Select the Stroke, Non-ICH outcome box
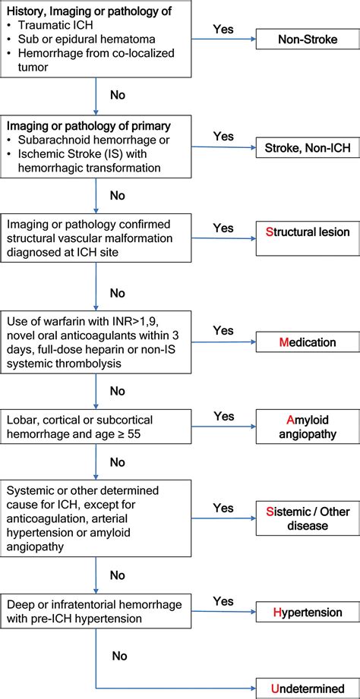(308, 146)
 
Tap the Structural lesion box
(308, 232)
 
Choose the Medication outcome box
(308, 342)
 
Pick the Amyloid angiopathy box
(308, 427)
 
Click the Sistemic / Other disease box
(308, 518)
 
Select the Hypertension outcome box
(308, 612)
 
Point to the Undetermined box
(308, 688)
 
